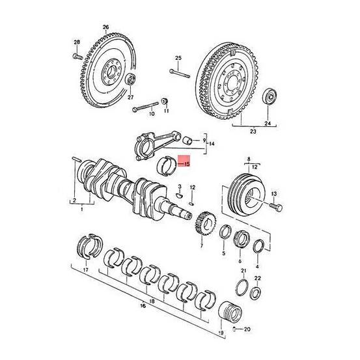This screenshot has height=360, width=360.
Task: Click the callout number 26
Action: point(105,27)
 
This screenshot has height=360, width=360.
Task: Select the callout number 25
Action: point(176,59)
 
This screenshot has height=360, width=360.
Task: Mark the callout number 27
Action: point(130,96)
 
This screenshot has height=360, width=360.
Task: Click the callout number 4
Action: point(258,266)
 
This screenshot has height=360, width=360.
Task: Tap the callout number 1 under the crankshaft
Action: point(81,209)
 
